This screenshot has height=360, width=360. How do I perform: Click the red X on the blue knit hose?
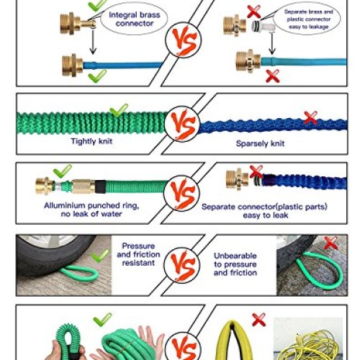coord(310,117)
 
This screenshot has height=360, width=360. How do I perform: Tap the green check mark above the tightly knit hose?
coord(118,111)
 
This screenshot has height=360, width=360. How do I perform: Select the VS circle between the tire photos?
coord(181,265)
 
